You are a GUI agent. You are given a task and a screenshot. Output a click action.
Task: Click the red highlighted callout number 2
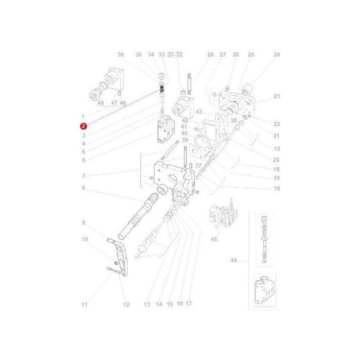(x=83, y=126)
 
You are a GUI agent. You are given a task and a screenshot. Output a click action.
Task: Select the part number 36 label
(x=120, y=55)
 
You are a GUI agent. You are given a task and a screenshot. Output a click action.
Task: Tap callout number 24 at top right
(x=276, y=55)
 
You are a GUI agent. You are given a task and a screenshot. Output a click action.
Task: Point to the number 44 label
(x=234, y=260)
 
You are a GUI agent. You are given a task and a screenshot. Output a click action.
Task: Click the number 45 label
(x=215, y=238)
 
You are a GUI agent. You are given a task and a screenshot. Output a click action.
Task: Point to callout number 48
(x=101, y=104)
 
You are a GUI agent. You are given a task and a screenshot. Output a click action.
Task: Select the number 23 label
(x=276, y=97)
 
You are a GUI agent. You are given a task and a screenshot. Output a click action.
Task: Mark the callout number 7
(x=83, y=175)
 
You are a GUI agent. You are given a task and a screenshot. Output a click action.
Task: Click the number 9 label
(x=84, y=223)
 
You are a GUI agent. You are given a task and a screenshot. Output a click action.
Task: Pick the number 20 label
(x=276, y=159)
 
